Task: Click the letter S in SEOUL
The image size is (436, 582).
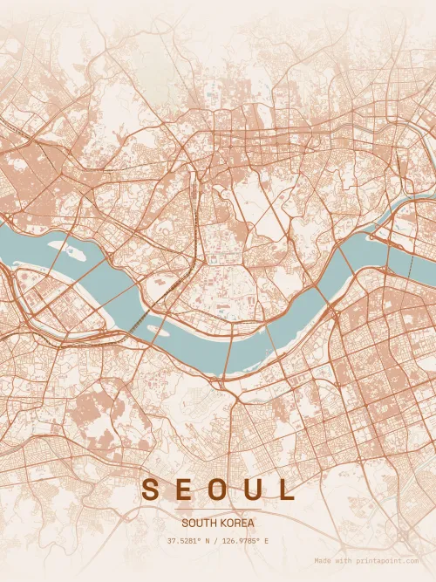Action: click(x=151, y=490)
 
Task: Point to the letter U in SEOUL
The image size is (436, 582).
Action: click(x=253, y=490)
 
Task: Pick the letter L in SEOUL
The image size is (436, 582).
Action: click(x=286, y=490)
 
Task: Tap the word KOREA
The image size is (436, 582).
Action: click(x=239, y=523)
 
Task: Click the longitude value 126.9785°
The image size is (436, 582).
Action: click(x=242, y=541)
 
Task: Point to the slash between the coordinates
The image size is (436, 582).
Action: click(x=215, y=541)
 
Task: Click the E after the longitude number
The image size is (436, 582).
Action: click(x=266, y=541)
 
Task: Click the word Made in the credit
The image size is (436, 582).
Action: click(x=323, y=561)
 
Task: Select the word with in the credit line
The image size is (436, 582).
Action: click(x=345, y=561)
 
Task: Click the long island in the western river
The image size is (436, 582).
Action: click(x=70, y=250)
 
